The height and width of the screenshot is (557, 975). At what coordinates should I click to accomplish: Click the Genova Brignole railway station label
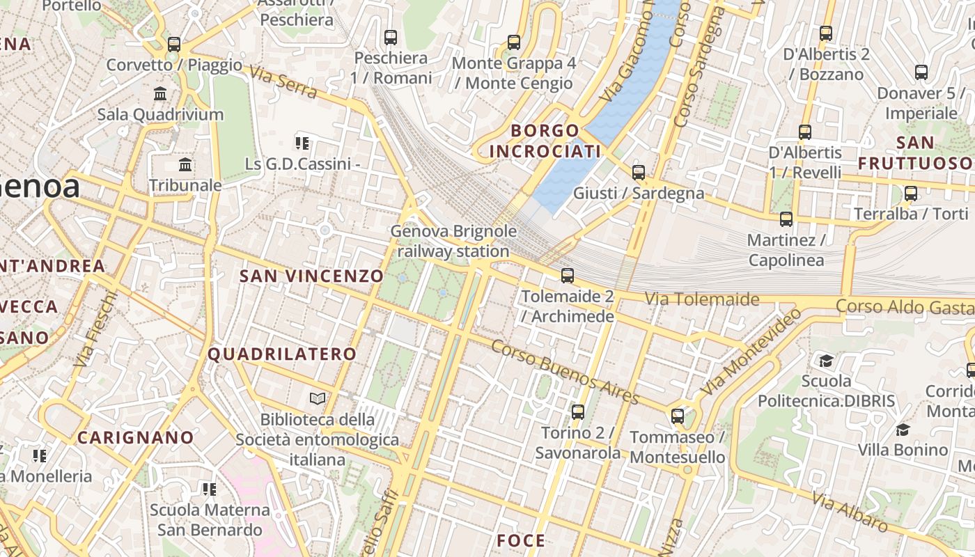click(453, 241)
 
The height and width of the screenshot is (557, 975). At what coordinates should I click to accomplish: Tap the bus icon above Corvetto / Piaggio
click(174, 45)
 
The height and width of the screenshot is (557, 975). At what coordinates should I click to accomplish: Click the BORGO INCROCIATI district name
click(545, 141)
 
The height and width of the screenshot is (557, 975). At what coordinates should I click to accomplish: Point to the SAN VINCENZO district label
click(311, 276)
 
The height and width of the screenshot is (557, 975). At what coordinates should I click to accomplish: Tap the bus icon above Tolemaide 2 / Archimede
click(568, 276)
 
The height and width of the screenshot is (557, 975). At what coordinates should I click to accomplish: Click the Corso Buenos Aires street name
click(565, 372)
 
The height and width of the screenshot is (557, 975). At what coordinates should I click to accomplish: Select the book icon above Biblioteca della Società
click(318, 399)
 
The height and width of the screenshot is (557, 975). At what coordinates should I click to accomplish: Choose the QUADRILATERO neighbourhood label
click(282, 354)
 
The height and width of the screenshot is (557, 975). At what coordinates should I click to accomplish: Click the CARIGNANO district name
click(135, 437)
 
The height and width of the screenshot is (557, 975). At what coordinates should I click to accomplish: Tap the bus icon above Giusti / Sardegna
click(639, 173)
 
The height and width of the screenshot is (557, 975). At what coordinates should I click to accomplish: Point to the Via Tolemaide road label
click(701, 299)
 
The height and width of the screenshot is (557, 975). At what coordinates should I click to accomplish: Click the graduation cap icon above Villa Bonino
click(903, 430)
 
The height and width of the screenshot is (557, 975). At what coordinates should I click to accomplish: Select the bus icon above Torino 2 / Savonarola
click(577, 412)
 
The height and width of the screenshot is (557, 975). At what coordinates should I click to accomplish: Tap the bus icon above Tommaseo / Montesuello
click(678, 417)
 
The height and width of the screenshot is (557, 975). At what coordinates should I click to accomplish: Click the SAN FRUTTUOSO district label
click(915, 152)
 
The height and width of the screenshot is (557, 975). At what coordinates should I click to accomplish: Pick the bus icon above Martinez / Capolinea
click(786, 219)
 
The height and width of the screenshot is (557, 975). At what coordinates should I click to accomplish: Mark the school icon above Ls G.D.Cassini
click(302, 144)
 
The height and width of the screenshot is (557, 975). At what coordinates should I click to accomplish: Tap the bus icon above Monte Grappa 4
click(514, 42)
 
